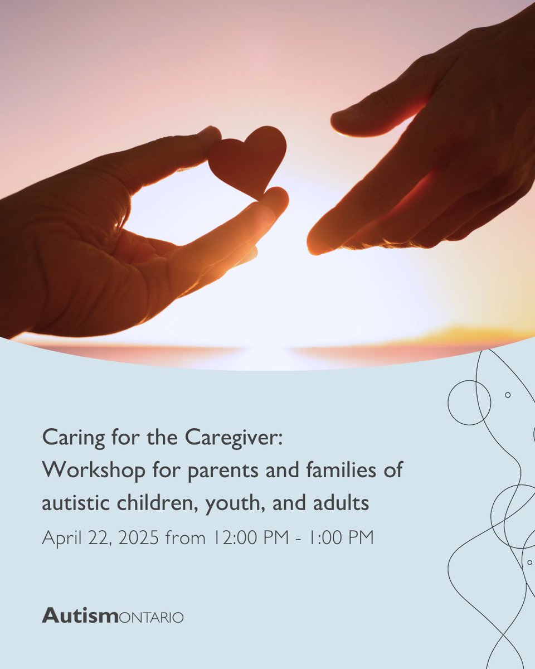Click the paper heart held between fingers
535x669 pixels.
pyautogui.click(x=249, y=159)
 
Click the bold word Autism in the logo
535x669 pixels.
pyautogui.click(x=79, y=616)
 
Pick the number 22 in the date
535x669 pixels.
pyautogui.click(x=94, y=538)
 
